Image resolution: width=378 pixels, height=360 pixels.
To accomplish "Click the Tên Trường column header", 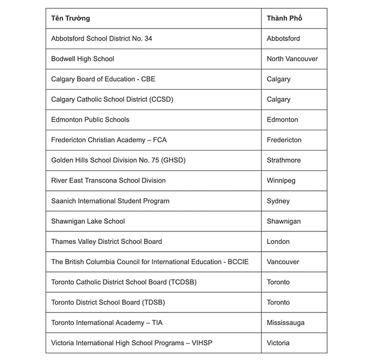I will [71, 18].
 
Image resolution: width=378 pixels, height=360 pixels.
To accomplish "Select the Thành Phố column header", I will [284, 18].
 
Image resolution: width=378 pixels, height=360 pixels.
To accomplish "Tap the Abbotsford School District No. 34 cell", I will [102, 39].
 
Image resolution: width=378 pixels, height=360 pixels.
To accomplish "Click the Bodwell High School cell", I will [83, 59].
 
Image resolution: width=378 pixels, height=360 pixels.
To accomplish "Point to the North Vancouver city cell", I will [292, 59].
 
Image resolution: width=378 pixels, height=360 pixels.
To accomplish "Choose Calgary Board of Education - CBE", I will [103, 79].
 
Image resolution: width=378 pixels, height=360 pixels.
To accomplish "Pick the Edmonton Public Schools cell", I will [90, 120].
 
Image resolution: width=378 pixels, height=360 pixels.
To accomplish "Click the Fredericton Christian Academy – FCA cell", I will [109, 140].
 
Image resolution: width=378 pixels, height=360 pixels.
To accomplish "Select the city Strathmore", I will [283, 160].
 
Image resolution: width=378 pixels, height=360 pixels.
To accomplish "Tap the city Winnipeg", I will [281, 181].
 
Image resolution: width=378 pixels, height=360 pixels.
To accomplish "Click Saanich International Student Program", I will [110, 201].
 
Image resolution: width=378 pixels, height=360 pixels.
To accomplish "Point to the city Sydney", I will [278, 201].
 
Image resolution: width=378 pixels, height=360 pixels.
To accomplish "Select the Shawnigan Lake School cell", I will [88, 221].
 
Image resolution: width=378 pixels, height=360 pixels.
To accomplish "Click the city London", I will [278, 241].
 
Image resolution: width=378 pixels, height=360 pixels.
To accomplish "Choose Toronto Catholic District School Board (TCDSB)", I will [124, 282].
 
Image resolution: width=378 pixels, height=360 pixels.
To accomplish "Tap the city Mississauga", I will [285, 323].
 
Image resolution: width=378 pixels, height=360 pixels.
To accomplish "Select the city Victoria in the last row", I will [278, 343].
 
